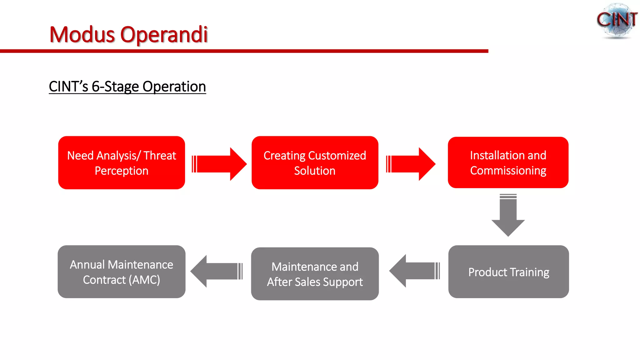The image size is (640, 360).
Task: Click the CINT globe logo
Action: (617, 21)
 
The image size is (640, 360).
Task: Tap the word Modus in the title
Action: (82, 34)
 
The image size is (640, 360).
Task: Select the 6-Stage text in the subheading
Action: (115, 87)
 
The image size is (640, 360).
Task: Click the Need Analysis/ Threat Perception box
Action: (122, 162)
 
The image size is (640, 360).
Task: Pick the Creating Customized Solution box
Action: (315, 162)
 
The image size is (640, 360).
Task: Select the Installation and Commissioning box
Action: (508, 162)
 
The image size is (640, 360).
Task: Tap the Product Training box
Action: (508, 272)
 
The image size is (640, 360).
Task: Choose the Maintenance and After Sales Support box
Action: (315, 274)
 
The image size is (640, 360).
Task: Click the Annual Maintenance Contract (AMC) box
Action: (122, 272)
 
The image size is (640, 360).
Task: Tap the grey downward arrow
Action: (508, 216)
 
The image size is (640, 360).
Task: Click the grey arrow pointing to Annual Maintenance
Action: (216, 271)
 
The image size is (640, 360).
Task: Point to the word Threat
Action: (160, 156)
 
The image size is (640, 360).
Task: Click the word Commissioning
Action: (508, 171)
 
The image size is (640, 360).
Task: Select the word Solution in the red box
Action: (315, 171)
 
